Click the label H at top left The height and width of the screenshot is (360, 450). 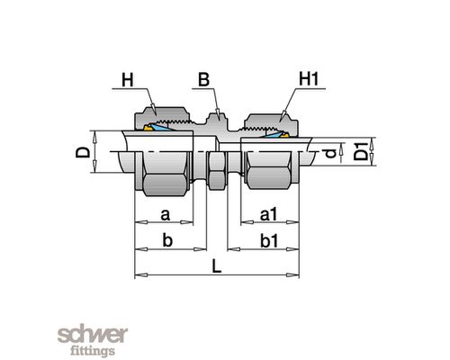tap(128, 81)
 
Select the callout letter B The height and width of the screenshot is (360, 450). tap(203, 80)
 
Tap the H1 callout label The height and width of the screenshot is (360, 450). tap(309, 79)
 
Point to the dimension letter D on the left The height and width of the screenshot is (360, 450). tap(83, 152)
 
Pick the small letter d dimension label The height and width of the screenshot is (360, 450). tap(330, 153)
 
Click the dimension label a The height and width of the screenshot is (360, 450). tap(166, 215)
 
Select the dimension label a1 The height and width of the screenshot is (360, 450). tap(268, 215)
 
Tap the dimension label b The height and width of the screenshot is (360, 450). tap(167, 240)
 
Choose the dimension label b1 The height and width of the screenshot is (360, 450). tap(269, 241)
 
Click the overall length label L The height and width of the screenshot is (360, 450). tap(217, 266)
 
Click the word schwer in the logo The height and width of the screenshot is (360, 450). tap(93, 335)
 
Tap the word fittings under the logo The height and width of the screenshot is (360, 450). tap(93, 350)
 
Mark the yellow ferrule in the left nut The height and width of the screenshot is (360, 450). tap(147, 128)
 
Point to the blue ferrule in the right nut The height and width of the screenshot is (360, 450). tap(271, 134)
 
